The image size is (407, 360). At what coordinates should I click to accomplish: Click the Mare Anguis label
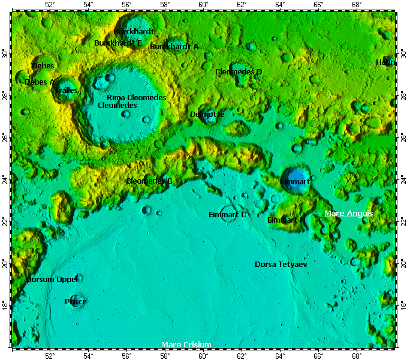[x=348, y=214]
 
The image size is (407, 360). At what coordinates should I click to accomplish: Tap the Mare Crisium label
[x=186, y=344]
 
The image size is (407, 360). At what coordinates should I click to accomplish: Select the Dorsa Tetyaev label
[x=281, y=264]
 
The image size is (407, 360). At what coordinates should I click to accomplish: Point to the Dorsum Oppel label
[x=52, y=279]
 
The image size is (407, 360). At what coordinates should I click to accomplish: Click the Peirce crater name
[x=76, y=301]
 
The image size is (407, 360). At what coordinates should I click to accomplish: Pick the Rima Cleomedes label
[x=136, y=97]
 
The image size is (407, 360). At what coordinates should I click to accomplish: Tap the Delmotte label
[x=207, y=114]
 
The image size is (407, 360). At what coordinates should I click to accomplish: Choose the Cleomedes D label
[x=239, y=71]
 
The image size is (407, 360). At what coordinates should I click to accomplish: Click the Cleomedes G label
[x=149, y=181]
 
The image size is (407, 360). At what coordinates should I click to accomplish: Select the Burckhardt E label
[x=118, y=43]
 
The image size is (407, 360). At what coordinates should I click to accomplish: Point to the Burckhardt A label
[x=174, y=46]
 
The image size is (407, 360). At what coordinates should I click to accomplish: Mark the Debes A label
[x=40, y=82]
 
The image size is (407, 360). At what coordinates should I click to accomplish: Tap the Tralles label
[x=66, y=90]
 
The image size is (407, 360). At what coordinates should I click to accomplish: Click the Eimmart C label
[x=227, y=214]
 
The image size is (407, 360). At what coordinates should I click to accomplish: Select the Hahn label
[x=385, y=62]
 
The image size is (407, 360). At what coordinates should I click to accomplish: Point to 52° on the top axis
[x=50, y=5]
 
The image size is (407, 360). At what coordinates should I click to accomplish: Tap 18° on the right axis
[x=402, y=305]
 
